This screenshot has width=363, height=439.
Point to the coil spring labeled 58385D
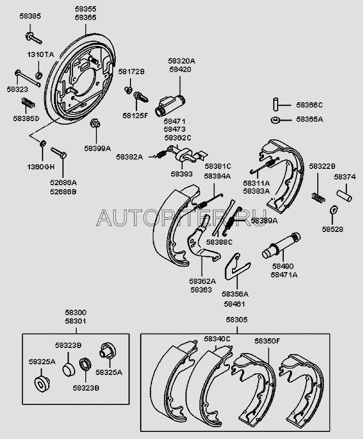[26, 105]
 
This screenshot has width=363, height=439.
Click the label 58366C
[310, 105]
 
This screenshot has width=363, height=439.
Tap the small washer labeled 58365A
[275, 120]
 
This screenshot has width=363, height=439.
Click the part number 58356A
[235, 294]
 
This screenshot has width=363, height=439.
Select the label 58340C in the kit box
[217, 339]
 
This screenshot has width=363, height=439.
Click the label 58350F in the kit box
[268, 341]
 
